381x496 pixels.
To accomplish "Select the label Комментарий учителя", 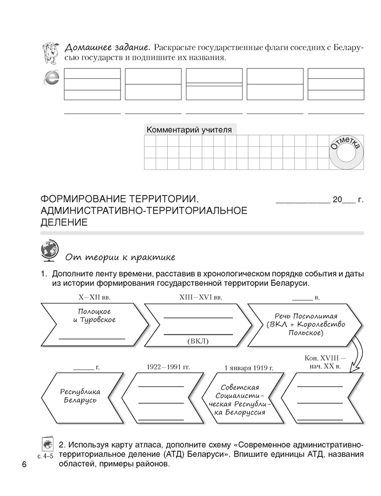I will [189, 130].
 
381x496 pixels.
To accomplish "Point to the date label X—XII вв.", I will [94, 298].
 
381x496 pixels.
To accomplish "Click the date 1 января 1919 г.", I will [249, 368].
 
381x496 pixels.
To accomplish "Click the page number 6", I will [23, 465].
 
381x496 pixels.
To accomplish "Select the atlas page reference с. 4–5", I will [45, 455].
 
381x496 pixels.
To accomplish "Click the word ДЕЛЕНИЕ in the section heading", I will [64, 223].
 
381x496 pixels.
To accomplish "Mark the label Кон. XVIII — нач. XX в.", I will [322, 362].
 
